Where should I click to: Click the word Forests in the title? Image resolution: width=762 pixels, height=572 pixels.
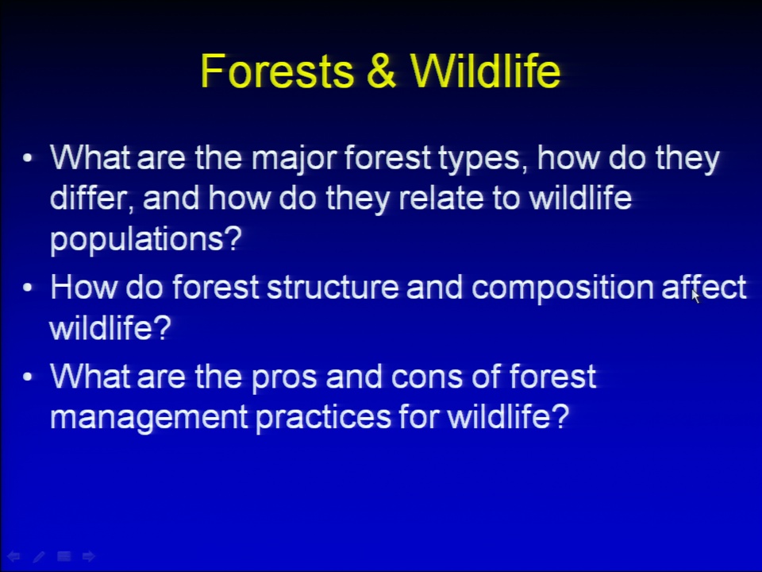(x=276, y=71)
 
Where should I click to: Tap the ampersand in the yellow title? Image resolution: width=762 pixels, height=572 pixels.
(x=382, y=71)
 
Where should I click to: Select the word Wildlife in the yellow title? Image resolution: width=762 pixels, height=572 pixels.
(x=485, y=71)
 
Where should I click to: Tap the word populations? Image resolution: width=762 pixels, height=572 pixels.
(x=145, y=240)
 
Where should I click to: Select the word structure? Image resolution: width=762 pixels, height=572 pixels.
(x=333, y=288)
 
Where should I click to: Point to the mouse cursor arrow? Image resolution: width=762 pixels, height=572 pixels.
(x=696, y=296)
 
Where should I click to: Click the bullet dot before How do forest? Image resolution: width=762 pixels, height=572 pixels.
(x=28, y=288)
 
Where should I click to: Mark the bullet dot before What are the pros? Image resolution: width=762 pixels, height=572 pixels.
(x=28, y=377)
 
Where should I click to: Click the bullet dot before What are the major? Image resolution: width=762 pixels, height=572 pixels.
(x=28, y=158)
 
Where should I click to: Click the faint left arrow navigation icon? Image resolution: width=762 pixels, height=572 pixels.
(x=13, y=556)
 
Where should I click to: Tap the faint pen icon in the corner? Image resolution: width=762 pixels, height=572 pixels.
(x=39, y=556)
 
